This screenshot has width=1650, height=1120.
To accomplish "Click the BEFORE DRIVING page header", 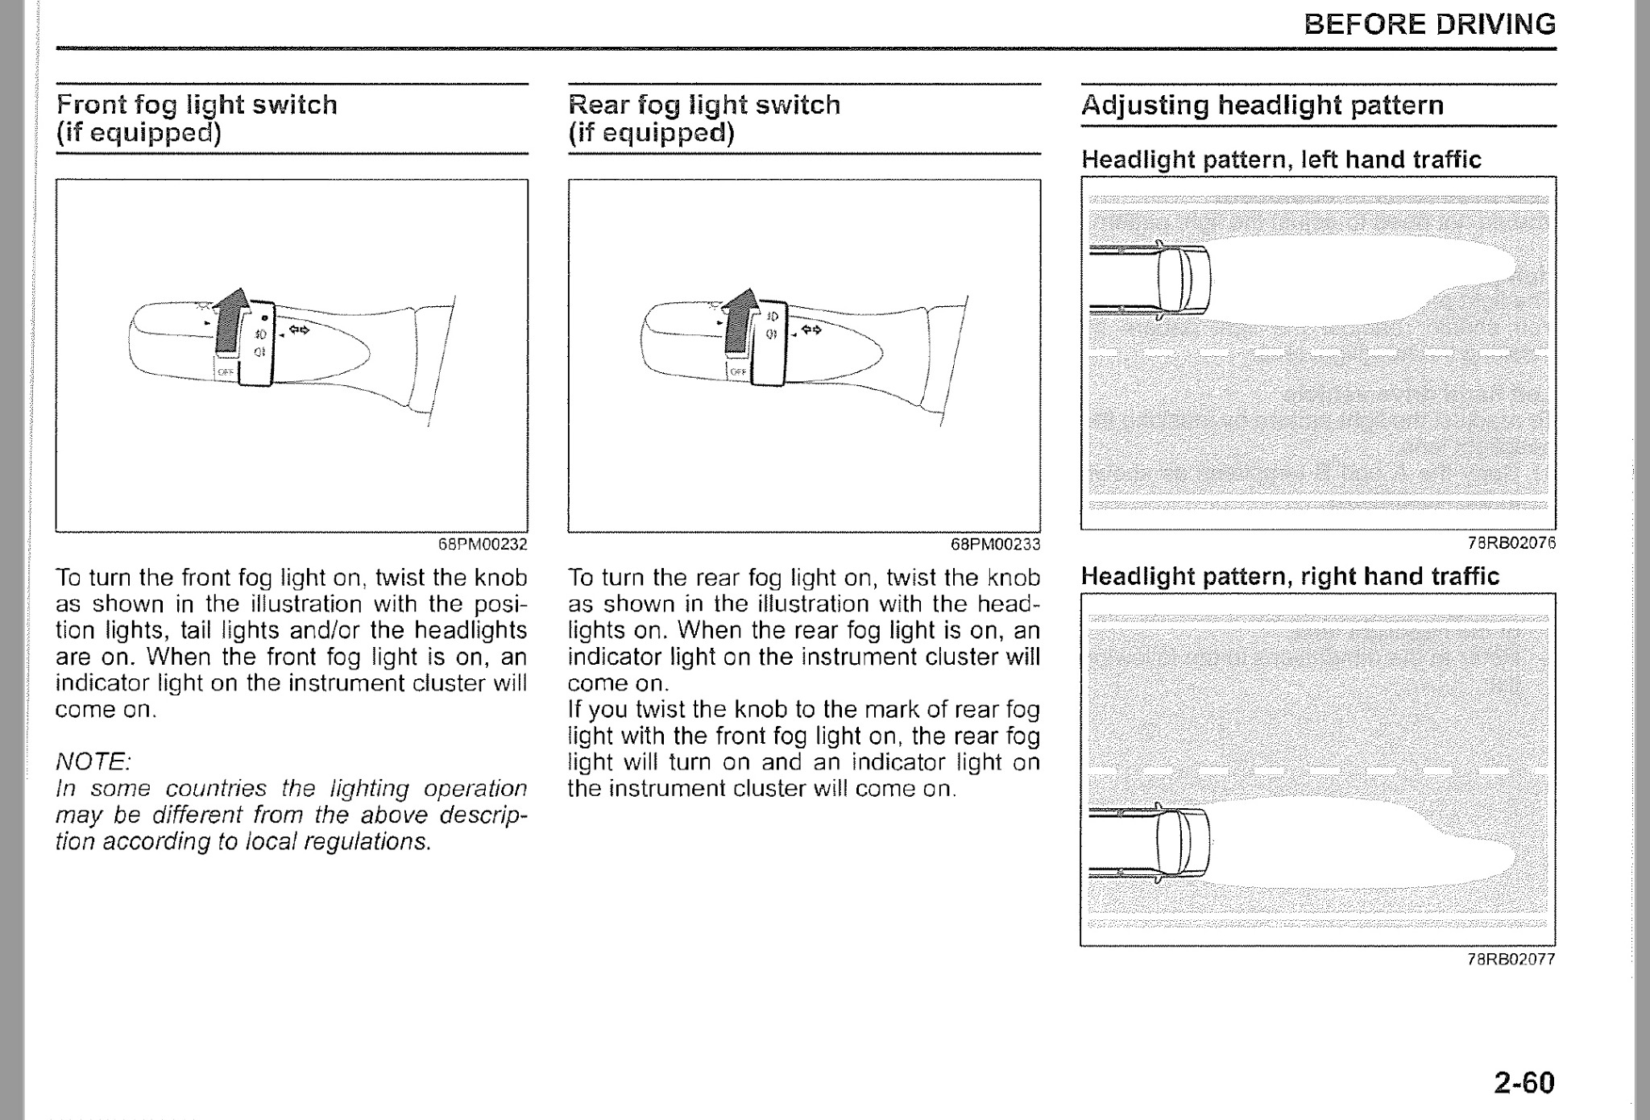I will click(1429, 24).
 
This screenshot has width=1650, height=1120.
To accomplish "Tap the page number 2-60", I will click(1524, 1081).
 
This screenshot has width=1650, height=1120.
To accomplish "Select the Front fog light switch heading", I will click(197, 118).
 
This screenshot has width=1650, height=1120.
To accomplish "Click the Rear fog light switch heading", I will click(704, 118).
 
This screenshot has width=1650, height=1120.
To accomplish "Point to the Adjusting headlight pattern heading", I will click(1262, 105).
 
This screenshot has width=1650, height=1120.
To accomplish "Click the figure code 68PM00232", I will click(482, 544).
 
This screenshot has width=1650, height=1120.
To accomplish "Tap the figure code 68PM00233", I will click(995, 544).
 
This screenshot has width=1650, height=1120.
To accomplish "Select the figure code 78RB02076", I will click(1511, 543).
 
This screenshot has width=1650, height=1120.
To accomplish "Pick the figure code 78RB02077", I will click(1511, 959).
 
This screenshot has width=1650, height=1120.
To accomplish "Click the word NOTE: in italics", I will click(93, 761).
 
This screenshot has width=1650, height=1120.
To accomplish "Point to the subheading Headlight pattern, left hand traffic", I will click(1281, 160).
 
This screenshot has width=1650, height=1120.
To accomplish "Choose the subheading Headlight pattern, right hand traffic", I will click(1290, 576).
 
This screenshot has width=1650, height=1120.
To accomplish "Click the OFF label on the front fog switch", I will click(224, 371).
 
